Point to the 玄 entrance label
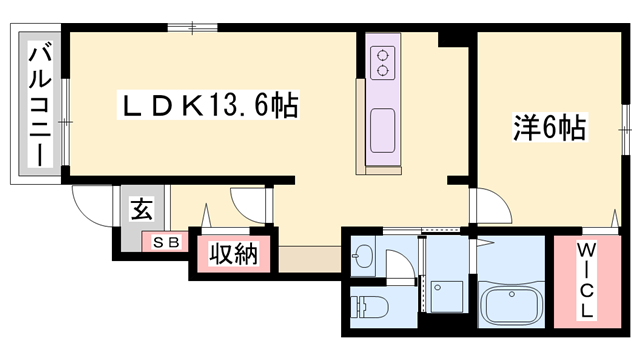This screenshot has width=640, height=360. tap(142, 210)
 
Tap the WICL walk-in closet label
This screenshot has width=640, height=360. tap(586, 283)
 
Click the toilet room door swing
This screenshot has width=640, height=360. tap(397, 266)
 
